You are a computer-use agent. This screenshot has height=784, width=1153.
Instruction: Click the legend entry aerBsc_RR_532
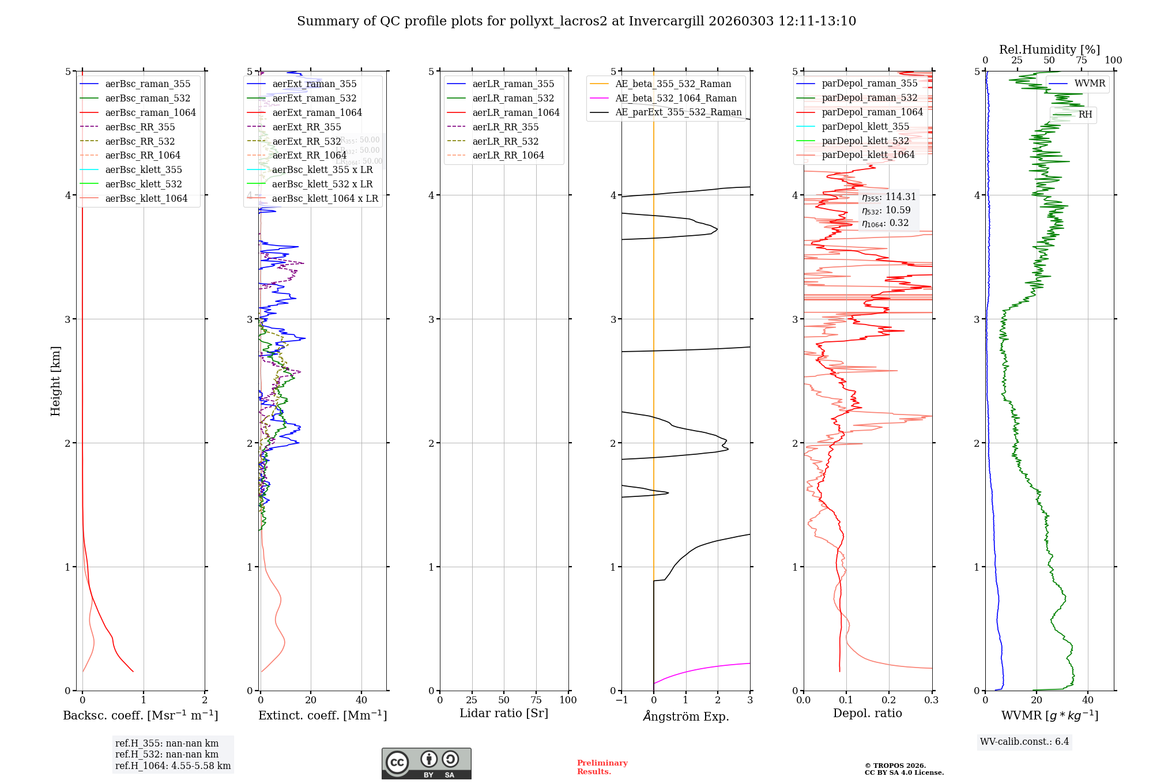pos(140,141)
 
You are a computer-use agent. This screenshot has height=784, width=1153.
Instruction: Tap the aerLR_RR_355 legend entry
pos(505,127)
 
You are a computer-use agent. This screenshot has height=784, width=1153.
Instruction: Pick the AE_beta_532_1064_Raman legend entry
pos(676,98)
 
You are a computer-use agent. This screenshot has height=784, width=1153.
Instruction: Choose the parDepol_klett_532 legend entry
pos(865,141)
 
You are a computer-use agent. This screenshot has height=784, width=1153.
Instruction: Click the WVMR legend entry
pos(1090,84)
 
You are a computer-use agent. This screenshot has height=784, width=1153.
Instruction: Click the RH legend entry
pos(1085,115)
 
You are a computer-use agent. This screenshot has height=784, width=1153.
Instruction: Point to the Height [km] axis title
pos(55,381)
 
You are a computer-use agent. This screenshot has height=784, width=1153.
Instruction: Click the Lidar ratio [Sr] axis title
pos(504,713)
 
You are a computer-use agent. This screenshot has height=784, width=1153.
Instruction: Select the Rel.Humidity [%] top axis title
pos(1049,50)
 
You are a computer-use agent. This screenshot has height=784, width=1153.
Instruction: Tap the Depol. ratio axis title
pos(868,713)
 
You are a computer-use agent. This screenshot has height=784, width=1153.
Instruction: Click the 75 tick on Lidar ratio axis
pos(536,700)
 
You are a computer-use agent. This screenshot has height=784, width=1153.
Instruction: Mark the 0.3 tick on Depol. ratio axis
pos(932,700)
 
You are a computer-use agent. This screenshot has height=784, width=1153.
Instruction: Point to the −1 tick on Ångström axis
pos(621,700)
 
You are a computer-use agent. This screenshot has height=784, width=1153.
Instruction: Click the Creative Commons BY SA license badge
pos(426,764)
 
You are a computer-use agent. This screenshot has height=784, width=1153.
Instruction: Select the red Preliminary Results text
pos(602,767)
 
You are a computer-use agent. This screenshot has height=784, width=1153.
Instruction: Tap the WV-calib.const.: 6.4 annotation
pos(1024,741)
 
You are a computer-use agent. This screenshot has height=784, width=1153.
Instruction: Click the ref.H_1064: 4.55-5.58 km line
pos(173,766)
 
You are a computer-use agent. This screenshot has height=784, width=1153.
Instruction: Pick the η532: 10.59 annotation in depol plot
pos(887,210)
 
